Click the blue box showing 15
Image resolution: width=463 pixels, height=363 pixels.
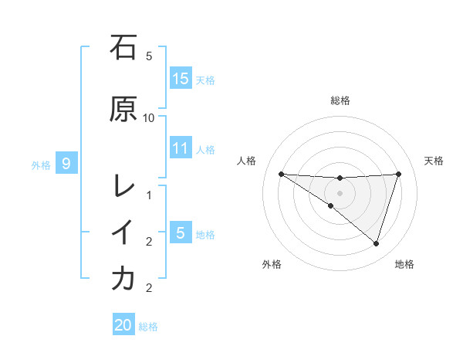181,79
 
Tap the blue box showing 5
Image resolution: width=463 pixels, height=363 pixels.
181,232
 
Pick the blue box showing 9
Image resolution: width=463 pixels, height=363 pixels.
67,163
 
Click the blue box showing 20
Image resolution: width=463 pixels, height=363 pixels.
123,325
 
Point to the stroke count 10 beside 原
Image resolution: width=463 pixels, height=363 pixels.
149,117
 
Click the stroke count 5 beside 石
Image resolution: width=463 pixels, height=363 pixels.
149,56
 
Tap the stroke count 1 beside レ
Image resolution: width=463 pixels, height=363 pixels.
149,195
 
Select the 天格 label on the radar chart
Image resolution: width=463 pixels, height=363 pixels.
434,161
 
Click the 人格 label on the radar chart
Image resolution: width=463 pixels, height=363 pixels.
247,161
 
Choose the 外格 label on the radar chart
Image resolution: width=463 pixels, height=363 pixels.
272,264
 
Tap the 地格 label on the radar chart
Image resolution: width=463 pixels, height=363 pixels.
404,264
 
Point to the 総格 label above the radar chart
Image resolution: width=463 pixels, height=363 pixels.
340,100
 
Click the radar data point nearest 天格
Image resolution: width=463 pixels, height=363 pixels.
399,174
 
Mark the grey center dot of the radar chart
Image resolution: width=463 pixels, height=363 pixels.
340,193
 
